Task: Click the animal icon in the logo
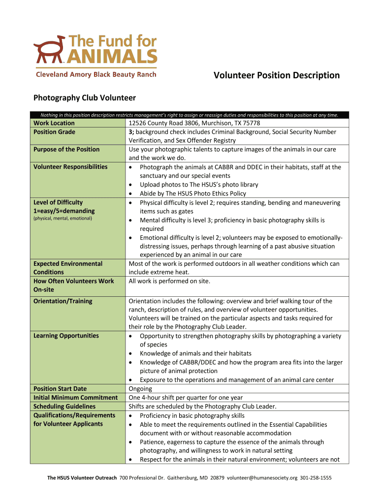(49, 48)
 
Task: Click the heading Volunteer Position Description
(277, 75)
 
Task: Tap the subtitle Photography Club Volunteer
(84, 98)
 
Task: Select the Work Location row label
(54, 123)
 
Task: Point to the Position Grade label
(54, 132)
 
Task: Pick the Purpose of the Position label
(66, 150)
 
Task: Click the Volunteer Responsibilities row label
(70, 167)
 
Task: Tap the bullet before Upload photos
(130, 185)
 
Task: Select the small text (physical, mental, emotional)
(63, 218)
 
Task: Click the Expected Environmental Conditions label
(68, 268)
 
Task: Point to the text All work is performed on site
(169, 281)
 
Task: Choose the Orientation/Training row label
(63, 301)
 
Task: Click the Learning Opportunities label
(66, 336)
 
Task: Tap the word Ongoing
(140, 389)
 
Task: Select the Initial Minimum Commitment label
(75, 398)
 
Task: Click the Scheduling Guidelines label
(64, 407)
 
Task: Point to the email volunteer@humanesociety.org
(262, 477)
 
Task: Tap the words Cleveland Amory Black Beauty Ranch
(96, 74)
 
